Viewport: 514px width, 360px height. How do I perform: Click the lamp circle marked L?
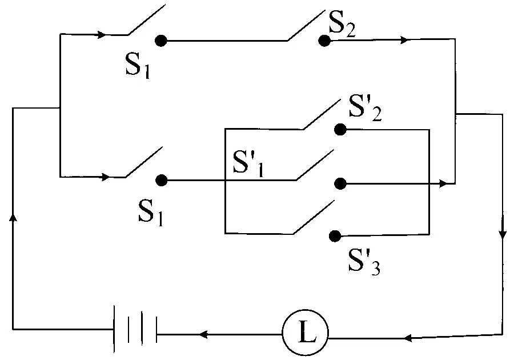(x=305, y=333)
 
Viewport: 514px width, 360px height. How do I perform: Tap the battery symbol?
(x=135, y=329)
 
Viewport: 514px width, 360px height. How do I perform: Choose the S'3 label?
(x=364, y=262)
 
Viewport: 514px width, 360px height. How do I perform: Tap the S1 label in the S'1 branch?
(x=150, y=213)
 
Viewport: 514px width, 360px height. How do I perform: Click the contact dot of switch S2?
(x=324, y=41)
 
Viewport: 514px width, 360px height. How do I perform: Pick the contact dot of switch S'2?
(x=340, y=130)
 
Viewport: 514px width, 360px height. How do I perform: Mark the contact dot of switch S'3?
(x=335, y=236)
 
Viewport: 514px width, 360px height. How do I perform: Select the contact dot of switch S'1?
(x=340, y=184)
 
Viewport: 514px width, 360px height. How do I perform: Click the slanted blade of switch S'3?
(x=314, y=217)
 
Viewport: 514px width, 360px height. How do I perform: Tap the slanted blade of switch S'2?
(x=322, y=114)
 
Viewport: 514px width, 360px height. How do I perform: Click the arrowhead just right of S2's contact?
(x=405, y=40)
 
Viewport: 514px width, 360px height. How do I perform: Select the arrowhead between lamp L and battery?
(x=203, y=334)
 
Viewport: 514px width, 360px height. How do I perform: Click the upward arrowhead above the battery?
(x=13, y=217)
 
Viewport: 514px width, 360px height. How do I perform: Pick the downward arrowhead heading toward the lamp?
(x=503, y=234)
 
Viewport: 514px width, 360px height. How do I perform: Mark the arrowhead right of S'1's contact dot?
(x=443, y=183)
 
